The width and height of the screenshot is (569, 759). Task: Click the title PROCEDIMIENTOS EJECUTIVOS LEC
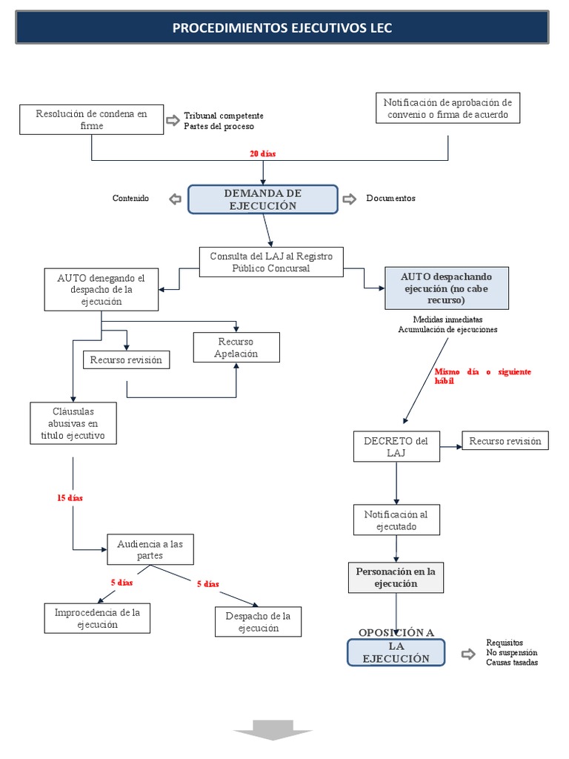point(282,28)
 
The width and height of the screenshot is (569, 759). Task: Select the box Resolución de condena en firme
point(91,120)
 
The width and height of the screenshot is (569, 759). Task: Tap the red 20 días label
point(262,153)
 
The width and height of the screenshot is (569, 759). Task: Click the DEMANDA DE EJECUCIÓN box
point(263,199)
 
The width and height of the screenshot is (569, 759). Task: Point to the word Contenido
point(130,199)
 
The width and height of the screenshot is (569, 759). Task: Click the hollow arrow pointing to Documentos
point(349,199)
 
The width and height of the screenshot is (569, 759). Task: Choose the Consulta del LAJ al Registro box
point(271,262)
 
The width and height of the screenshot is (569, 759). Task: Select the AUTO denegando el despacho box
point(102,290)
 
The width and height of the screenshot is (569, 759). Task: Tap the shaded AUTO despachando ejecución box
point(447,288)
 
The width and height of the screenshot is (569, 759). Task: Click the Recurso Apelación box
point(236,348)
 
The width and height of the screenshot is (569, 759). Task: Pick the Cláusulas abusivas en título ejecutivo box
point(73,423)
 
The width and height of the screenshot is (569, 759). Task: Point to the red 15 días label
point(70,498)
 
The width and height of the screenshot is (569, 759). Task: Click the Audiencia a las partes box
point(150,549)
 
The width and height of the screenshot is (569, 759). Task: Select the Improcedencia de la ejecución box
point(97,618)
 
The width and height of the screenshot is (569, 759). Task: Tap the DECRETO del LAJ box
point(396,446)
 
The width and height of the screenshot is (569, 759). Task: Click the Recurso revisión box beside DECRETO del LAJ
point(505,441)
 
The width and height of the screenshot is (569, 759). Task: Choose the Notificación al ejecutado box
point(396,520)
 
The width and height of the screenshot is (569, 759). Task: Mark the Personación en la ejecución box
point(396,577)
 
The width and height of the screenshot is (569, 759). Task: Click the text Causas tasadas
point(512,662)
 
